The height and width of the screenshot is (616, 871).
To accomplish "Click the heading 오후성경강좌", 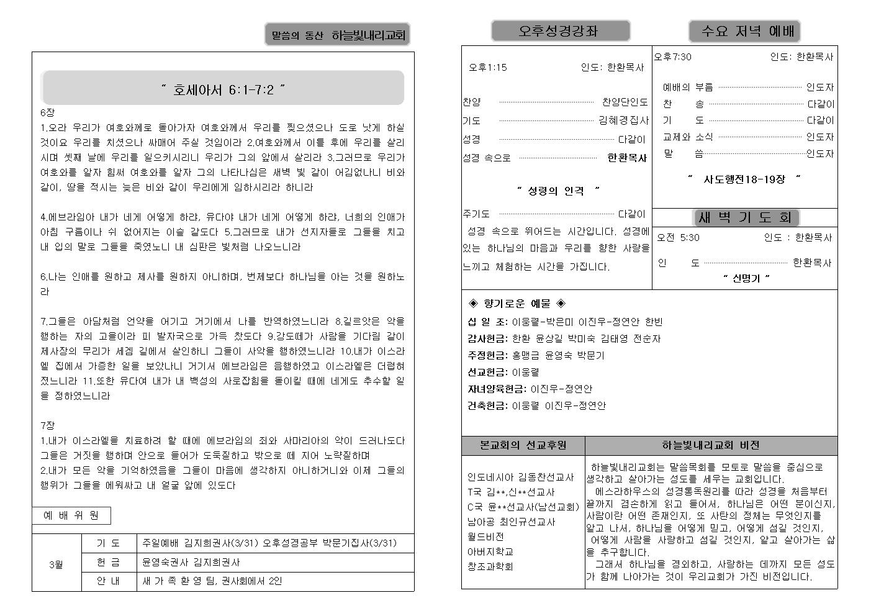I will click(560, 31).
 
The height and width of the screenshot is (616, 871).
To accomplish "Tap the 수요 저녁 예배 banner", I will click(744, 31).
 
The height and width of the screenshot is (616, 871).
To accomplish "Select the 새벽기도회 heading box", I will click(745, 217).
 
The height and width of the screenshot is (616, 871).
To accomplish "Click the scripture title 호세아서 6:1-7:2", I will click(223, 89).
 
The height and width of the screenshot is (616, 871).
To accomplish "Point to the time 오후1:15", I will click(488, 68).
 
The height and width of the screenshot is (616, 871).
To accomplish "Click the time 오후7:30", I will click(673, 57).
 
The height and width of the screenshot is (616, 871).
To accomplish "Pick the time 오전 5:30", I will click(678, 237).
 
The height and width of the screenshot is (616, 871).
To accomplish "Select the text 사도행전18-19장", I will click(744, 179).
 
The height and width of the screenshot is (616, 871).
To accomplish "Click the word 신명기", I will click(746, 278).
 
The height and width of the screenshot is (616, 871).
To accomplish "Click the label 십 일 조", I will click(487, 322).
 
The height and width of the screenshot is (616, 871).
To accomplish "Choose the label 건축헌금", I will click(487, 405).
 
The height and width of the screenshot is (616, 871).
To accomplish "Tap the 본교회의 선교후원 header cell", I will click(523, 445).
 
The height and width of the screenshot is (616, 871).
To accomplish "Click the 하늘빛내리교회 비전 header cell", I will click(710, 445).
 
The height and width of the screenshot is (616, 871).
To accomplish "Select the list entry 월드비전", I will click(485, 537).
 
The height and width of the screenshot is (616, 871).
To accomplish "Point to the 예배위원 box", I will click(71, 515).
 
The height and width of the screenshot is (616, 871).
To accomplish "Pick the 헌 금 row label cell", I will click(109, 562).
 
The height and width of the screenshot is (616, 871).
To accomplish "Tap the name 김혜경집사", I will click(623, 120).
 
